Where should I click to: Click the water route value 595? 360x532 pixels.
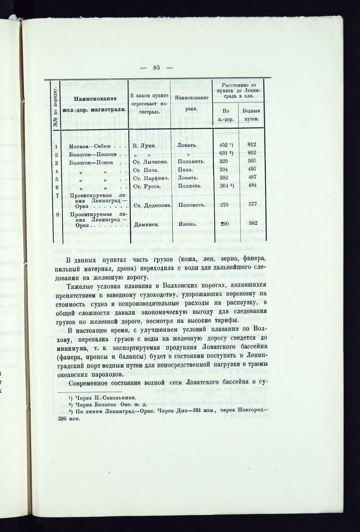(251, 161)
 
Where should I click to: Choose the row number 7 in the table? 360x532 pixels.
(57, 195)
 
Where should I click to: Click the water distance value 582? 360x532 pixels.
(251, 223)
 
